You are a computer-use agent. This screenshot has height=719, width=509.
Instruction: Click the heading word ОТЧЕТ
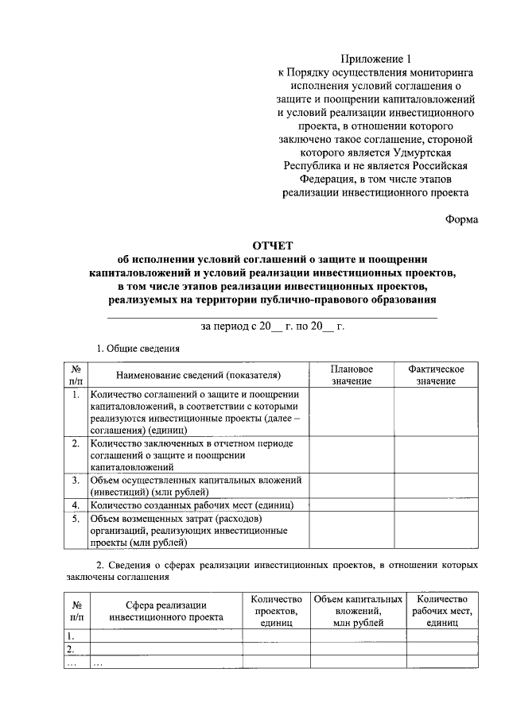273,245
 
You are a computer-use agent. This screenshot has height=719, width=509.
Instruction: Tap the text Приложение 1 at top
376,59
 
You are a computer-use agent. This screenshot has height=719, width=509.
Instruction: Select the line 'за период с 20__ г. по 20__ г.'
273,327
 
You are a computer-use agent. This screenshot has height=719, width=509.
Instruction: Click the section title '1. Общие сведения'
138,348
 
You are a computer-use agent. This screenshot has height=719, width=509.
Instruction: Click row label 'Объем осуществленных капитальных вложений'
196,481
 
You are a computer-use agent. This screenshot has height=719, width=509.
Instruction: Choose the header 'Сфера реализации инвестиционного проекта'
165,610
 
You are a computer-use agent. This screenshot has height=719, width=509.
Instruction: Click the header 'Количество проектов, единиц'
277,610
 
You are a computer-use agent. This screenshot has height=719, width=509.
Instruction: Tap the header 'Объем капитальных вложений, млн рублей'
358,610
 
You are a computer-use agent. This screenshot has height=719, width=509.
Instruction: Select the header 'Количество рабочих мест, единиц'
443,610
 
